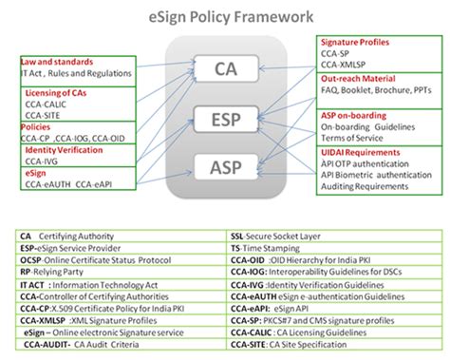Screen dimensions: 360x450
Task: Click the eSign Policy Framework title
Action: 224,16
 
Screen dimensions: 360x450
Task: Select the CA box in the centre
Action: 225,68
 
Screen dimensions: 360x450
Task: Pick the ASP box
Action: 225,168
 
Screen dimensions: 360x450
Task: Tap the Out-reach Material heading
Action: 360,80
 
